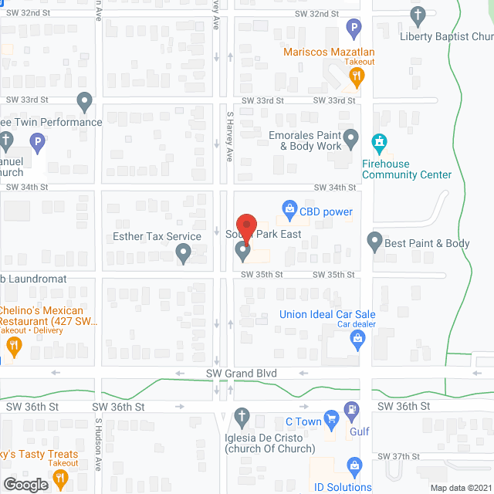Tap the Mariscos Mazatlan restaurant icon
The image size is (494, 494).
[x=356, y=76]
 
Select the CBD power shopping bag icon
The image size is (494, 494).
[x=289, y=208]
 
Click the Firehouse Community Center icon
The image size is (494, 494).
[x=379, y=143]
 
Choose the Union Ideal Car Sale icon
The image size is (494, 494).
[x=357, y=339]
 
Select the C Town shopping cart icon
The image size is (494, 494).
[x=332, y=421]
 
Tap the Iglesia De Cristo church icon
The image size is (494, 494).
[x=242, y=417]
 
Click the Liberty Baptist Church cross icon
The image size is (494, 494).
[x=418, y=15]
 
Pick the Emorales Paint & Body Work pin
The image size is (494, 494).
[x=351, y=140]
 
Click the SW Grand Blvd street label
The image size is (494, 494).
[x=241, y=374]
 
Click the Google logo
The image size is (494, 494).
[x=25, y=484]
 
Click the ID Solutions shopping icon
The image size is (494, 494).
[x=354, y=465]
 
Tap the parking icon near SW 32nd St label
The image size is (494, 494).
[x=354, y=29]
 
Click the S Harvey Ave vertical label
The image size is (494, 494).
[x=229, y=136]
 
